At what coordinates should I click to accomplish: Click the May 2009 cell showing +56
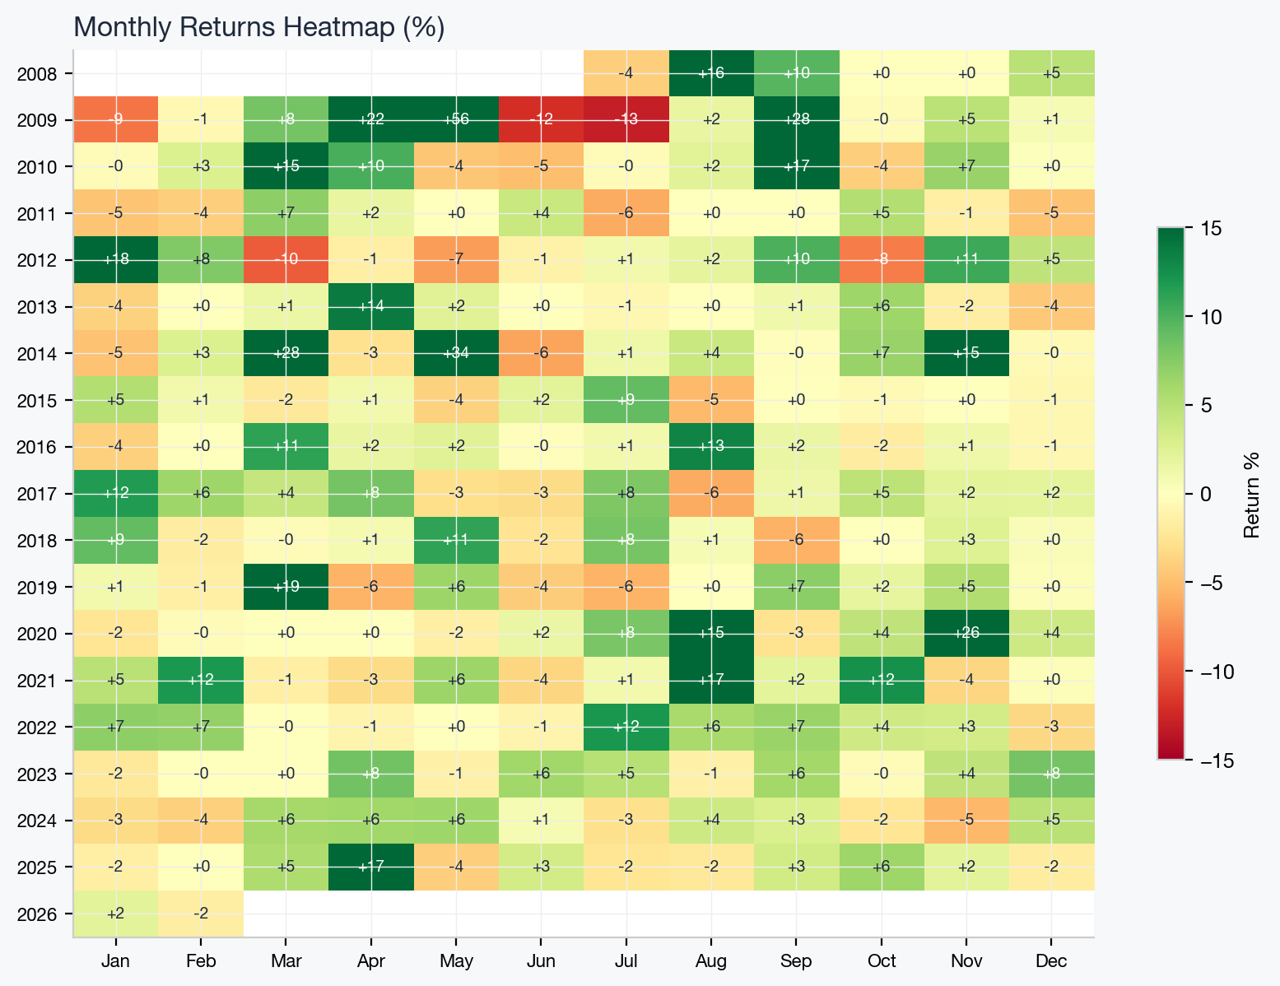456,120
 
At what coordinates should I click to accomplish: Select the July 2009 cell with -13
626,120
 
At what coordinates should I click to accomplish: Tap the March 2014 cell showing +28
286,354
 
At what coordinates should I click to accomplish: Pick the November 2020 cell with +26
966,634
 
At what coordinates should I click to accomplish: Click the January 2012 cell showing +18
116,260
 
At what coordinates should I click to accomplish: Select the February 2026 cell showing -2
201,914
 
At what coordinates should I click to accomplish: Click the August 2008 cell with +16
711,73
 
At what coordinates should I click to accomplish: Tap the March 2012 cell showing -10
286,260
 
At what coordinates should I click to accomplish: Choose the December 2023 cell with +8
1051,774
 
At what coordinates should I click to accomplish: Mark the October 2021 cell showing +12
882,681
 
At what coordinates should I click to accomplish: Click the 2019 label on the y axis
36,588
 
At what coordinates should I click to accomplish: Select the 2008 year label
36,74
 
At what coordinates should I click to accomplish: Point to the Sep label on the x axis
796,961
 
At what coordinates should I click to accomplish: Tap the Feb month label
201,961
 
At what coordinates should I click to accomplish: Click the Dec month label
1051,961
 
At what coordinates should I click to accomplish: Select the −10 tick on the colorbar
1210,671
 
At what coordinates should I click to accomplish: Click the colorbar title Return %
1252,494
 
